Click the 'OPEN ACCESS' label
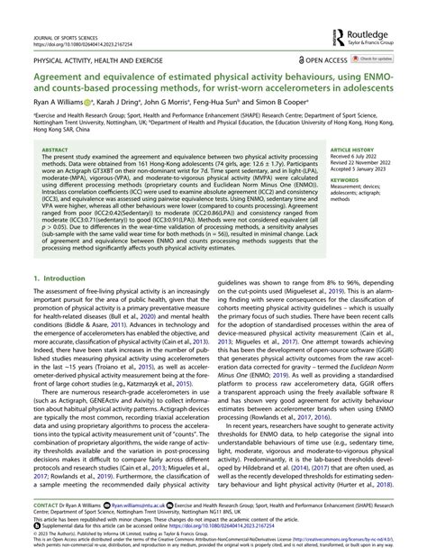pos(324,59)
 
